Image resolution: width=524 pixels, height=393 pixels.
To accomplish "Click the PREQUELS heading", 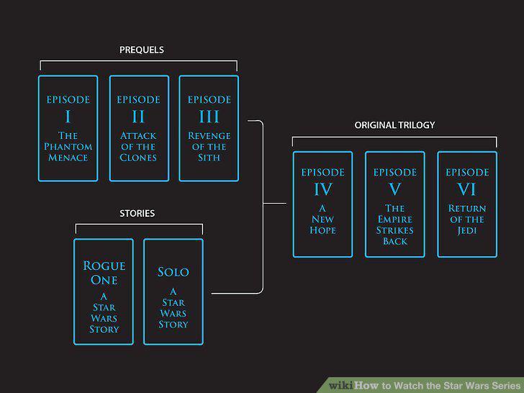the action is click(x=142, y=50).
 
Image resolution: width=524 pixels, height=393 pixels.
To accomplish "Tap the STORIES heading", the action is click(x=137, y=213).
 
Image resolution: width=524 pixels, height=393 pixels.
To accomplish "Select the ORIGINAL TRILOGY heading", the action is click(x=394, y=125).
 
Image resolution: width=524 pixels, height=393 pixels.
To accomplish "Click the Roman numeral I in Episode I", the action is click(x=68, y=117).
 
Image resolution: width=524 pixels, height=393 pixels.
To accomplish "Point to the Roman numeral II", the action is click(x=138, y=117).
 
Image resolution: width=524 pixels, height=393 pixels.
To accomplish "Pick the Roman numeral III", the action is click(x=209, y=117).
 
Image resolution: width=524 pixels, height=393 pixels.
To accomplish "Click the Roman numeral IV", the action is click(x=322, y=189).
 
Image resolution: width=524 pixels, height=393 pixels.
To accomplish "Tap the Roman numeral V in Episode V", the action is click(x=394, y=189).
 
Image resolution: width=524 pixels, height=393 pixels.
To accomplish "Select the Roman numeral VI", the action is click(x=467, y=189).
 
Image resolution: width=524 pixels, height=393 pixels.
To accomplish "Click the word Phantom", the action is click(x=68, y=146).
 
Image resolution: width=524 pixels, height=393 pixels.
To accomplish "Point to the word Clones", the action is click(x=138, y=158).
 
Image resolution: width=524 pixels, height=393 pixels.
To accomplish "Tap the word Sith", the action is click(x=209, y=158).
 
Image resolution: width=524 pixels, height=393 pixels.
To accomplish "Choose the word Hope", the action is click(x=322, y=230).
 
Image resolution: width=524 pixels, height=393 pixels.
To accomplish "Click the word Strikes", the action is click(x=394, y=230).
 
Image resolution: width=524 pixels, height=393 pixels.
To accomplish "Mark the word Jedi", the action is click(x=467, y=230).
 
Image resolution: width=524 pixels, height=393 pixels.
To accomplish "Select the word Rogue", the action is click(x=104, y=266).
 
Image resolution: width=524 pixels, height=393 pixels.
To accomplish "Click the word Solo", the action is click(x=173, y=272).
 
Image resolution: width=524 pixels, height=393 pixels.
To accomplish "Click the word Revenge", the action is click(x=209, y=135).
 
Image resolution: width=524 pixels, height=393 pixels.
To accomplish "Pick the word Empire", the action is click(x=394, y=220).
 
